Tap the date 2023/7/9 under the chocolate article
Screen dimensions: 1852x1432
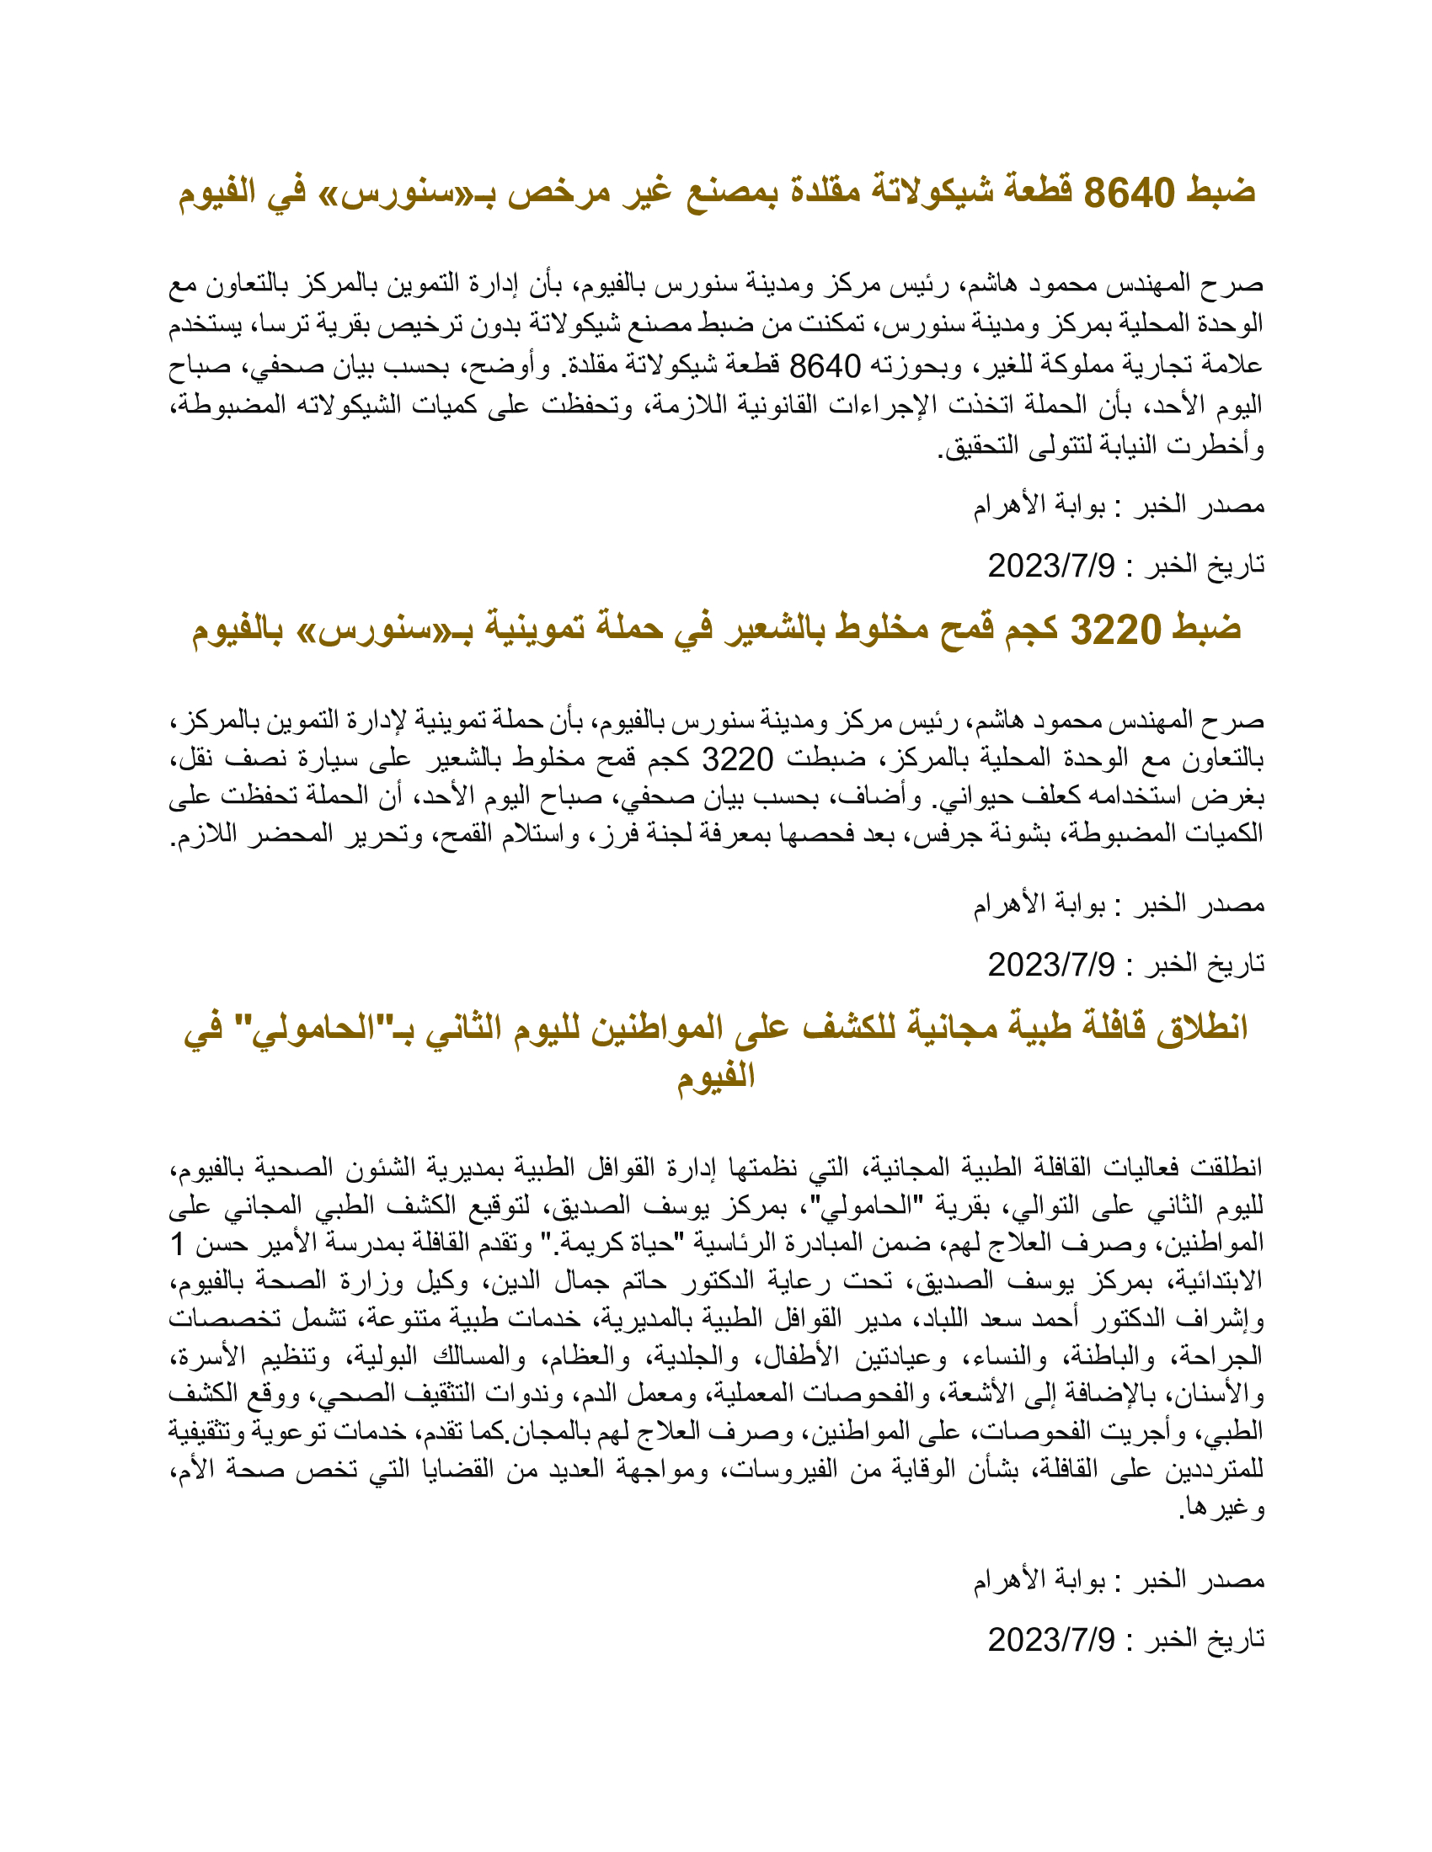[1051, 566]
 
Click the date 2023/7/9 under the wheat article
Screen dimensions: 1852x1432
[1051, 964]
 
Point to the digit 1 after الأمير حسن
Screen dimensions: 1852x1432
[177, 1245]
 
